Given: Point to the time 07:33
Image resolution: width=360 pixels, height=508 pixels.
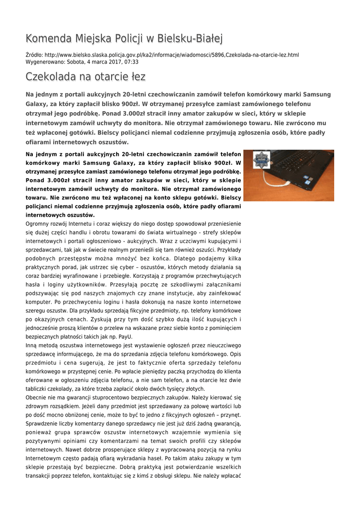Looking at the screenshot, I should click(x=132, y=62).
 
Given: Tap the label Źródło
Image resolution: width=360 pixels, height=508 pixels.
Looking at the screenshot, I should click(x=34, y=55).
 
